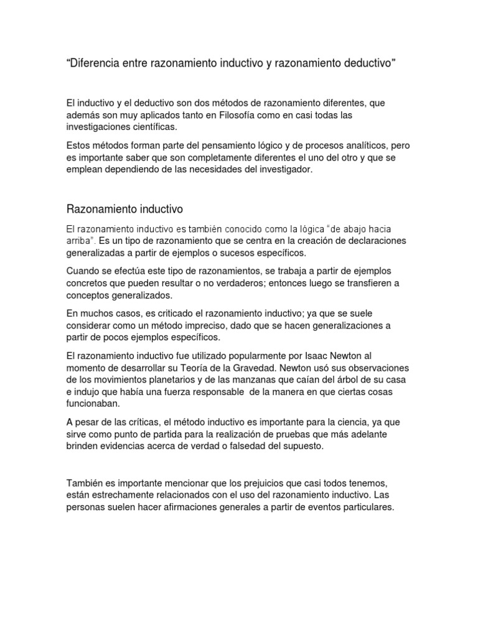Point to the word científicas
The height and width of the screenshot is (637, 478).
point(148,128)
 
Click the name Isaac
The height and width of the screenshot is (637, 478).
point(323,356)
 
